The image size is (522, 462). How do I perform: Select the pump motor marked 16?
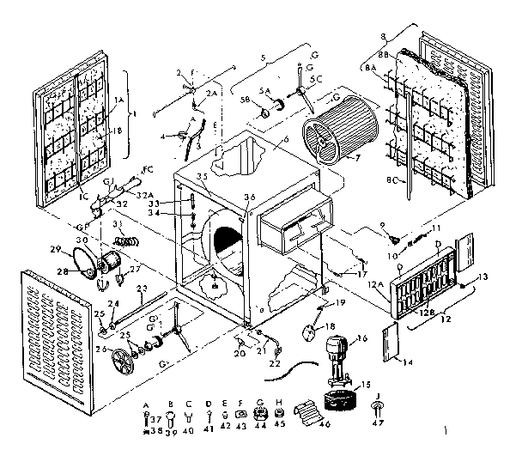334,352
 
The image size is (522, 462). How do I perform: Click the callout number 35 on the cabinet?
202,175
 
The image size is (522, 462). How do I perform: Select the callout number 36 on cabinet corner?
250,197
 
